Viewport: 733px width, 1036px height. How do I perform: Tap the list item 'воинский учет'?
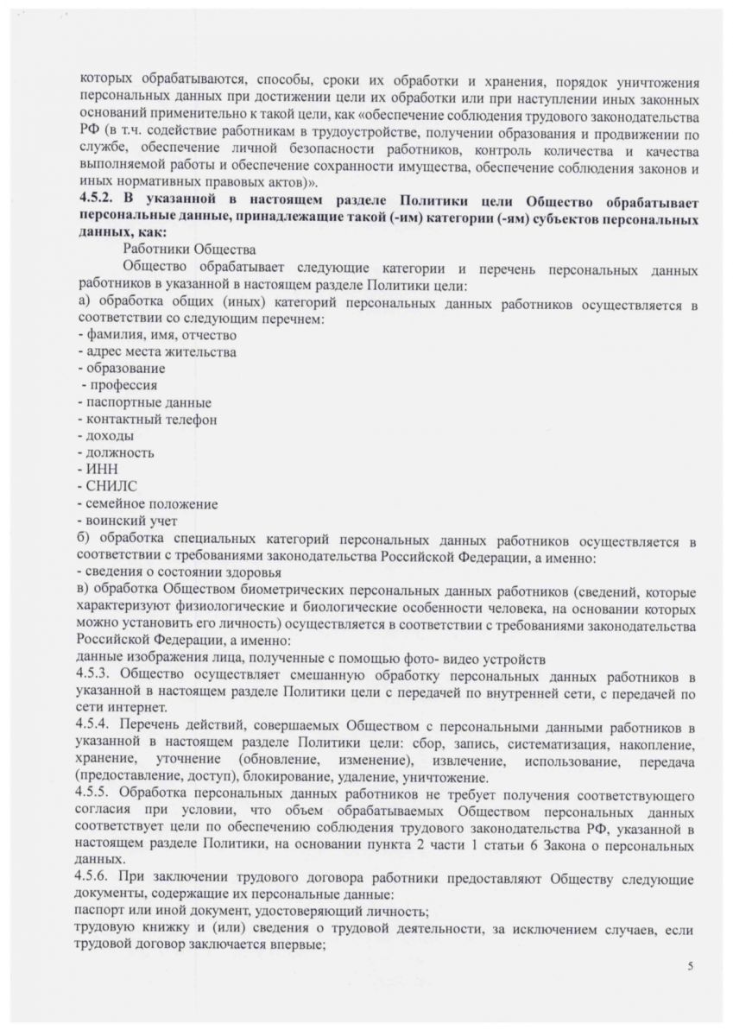(130, 521)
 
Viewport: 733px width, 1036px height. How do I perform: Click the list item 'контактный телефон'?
(148, 420)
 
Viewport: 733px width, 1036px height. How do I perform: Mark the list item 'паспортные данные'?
(145, 402)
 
